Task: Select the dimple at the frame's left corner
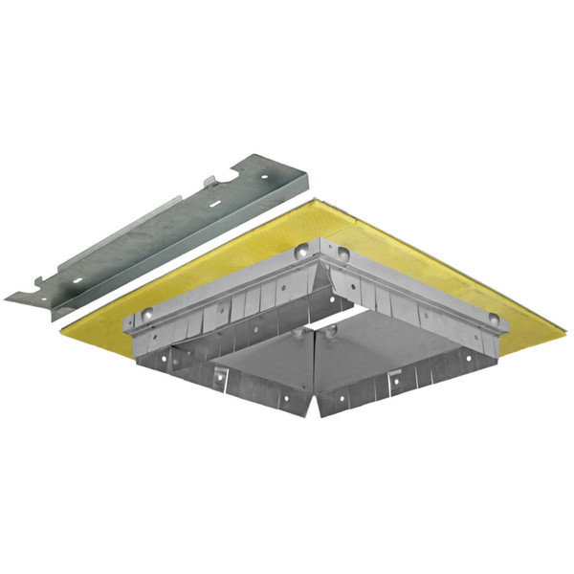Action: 145,314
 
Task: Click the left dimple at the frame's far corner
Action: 302,251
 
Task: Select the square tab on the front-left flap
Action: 219,371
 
